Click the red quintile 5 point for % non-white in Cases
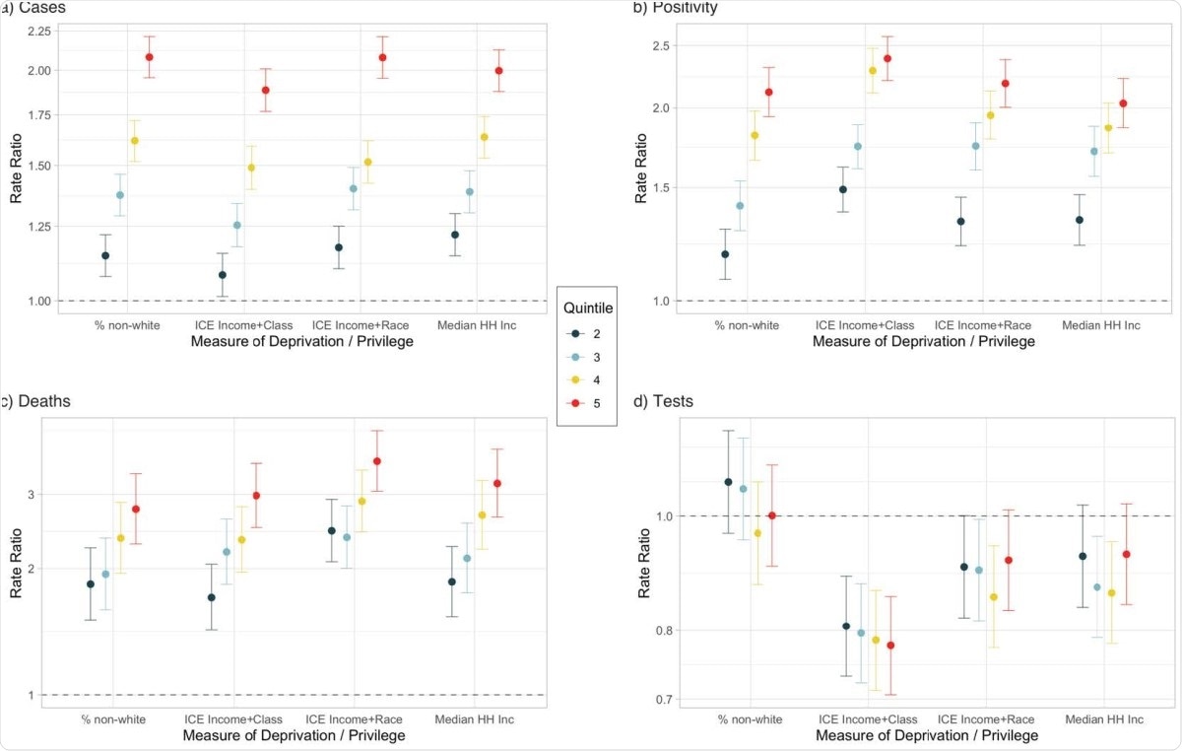click(x=149, y=57)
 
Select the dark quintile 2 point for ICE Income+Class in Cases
click(x=223, y=275)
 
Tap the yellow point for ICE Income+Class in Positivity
click(x=872, y=71)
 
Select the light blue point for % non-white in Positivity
click(x=740, y=206)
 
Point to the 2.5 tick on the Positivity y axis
click(x=660, y=45)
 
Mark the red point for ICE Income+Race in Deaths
click(x=376, y=461)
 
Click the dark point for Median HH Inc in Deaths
click(x=452, y=581)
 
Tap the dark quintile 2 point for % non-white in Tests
click(x=728, y=482)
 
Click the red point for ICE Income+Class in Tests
click(x=891, y=646)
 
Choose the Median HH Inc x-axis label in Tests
click(x=1104, y=719)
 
